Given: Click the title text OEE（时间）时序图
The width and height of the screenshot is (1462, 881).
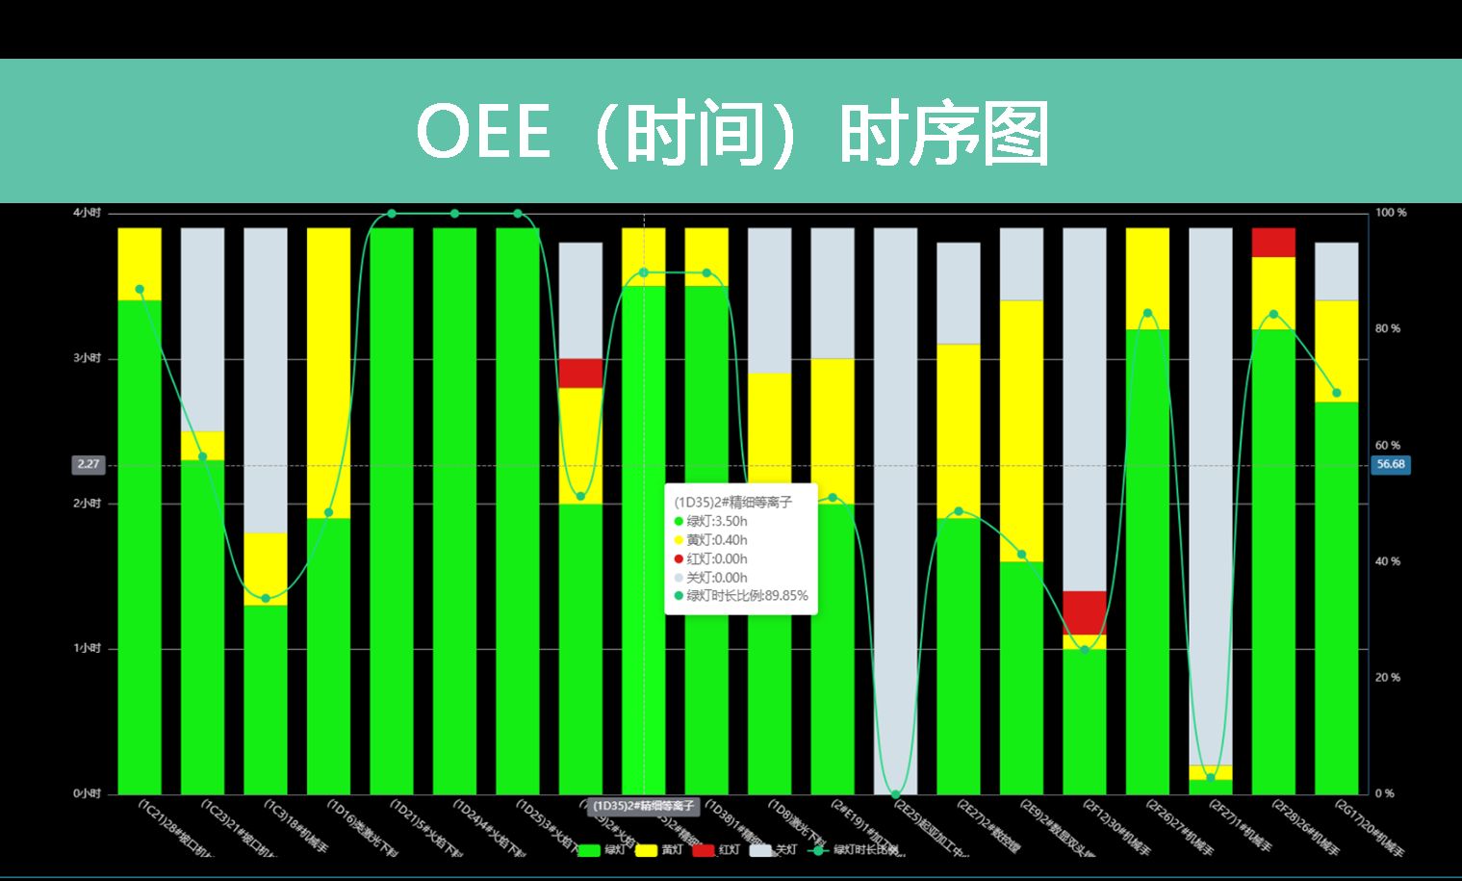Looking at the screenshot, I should (x=731, y=132).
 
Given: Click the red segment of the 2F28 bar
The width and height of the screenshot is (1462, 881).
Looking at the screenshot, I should (x=1273, y=242).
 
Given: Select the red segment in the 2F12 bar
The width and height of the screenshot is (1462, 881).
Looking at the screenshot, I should (x=1084, y=612).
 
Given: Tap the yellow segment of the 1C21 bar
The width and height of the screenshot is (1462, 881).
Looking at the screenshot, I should (x=140, y=264).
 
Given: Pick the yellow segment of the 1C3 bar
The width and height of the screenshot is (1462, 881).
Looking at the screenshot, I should (x=266, y=568).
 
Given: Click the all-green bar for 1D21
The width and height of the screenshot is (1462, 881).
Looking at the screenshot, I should (x=392, y=510).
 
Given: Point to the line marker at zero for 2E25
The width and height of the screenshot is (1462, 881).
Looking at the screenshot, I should (x=895, y=794).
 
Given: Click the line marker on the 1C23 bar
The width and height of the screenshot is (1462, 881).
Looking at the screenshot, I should (x=202, y=456).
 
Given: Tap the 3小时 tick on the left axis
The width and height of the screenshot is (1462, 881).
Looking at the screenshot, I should (x=87, y=358).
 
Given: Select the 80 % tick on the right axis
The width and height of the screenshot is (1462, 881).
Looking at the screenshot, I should (x=1388, y=328).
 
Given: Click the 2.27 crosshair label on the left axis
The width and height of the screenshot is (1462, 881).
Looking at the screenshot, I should (x=89, y=464).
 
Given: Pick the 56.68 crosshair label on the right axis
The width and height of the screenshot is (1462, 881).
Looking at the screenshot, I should (x=1391, y=464).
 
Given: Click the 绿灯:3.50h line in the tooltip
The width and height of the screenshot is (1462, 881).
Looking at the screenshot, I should (x=716, y=521).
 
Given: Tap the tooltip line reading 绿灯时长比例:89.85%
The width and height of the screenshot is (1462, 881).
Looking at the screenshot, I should (x=746, y=596).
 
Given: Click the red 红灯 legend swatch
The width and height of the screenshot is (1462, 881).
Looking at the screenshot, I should (x=704, y=850).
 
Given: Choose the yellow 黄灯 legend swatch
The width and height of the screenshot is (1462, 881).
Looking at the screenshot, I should (x=646, y=850).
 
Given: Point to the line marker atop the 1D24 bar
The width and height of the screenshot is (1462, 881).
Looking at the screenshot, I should (x=454, y=214).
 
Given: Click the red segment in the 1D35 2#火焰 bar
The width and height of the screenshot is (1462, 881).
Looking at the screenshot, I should (x=580, y=373).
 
